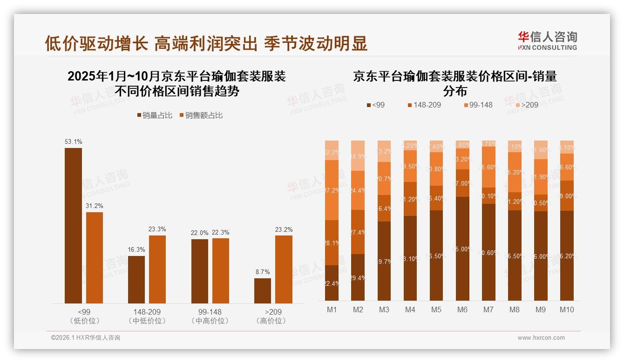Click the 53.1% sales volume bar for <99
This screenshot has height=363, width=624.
73,226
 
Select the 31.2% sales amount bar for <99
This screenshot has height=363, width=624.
95,258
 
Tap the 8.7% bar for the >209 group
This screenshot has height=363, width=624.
263,291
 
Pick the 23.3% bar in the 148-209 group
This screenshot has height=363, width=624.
157,269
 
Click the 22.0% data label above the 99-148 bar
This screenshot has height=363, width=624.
200,233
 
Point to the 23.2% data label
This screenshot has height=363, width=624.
284,229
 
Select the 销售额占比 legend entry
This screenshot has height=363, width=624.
201,115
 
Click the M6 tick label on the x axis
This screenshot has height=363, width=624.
462,309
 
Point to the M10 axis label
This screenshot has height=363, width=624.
567,309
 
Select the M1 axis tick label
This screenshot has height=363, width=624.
332,309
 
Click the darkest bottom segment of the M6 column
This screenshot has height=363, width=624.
462,249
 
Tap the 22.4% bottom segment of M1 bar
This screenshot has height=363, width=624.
332,283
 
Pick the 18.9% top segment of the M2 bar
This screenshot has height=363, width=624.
358,155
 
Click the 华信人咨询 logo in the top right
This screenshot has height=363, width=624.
547,40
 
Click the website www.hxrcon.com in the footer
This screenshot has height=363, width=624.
541,338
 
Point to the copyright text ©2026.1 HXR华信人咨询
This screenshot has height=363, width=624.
86,338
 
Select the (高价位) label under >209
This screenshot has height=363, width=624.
273,321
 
